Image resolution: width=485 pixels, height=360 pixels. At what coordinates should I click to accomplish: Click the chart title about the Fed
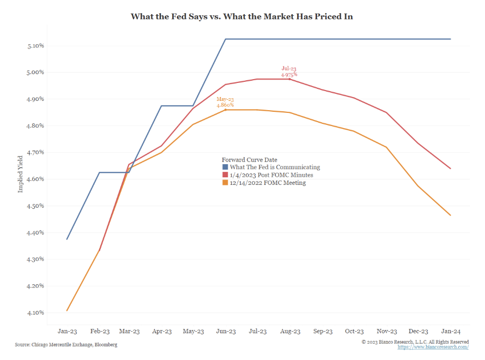(x=242, y=16)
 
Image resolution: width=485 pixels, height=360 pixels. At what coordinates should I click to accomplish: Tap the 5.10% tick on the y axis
(x=35, y=45)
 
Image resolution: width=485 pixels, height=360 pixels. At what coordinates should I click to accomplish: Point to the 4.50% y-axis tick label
(x=35, y=206)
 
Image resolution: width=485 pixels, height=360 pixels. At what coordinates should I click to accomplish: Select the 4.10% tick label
(x=35, y=313)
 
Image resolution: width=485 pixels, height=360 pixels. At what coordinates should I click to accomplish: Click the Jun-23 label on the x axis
(x=226, y=331)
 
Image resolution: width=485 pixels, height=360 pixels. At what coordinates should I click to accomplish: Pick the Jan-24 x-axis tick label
(x=450, y=331)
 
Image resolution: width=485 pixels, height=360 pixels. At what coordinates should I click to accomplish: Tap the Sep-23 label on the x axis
(x=322, y=331)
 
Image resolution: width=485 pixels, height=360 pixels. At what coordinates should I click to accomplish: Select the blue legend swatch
(x=225, y=167)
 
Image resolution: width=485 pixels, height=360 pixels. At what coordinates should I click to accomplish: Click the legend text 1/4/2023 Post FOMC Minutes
(x=271, y=175)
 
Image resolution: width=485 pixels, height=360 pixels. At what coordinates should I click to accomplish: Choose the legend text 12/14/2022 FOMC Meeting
(x=268, y=183)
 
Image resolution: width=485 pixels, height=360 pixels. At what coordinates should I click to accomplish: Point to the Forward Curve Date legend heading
(x=249, y=160)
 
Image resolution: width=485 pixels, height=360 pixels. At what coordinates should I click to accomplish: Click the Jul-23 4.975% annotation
(x=289, y=71)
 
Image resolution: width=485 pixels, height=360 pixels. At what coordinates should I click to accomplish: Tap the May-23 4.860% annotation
(x=225, y=102)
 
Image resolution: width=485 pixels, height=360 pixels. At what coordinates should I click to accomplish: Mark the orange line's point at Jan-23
(x=67, y=310)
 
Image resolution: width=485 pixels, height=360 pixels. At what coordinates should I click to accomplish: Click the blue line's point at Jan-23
(x=67, y=239)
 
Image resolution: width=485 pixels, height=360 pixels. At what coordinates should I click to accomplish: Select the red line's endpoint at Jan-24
(x=450, y=169)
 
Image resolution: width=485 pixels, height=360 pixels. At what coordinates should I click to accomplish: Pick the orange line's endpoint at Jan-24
(x=450, y=215)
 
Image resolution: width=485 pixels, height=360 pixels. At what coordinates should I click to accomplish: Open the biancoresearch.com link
(x=433, y=347)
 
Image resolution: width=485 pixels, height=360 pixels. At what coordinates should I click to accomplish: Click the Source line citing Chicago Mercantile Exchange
(x=65, y=345)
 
